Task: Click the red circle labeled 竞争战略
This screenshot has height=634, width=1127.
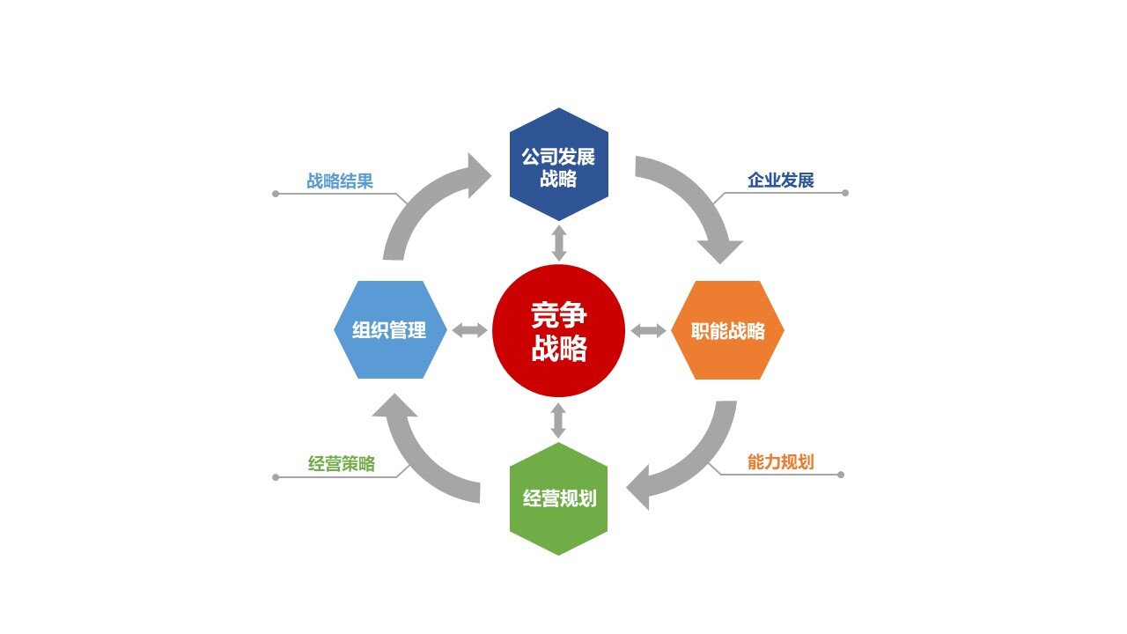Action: pos(558,330)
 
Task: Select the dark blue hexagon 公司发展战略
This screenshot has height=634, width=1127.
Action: pos(558,165)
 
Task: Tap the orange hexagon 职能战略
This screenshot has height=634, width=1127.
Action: pos(727,331)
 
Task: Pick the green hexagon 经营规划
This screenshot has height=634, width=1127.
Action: pos(558,498)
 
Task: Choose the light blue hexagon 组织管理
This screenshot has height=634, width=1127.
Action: pos(389,330)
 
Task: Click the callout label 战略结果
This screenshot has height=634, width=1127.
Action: pos(340,181)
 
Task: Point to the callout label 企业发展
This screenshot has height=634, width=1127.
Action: pos(780,181)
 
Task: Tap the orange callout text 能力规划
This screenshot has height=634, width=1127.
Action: pos(780,462)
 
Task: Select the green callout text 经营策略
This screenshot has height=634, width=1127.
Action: pos(342,464)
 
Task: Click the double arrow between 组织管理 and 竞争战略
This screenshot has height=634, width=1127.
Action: pos(469,331)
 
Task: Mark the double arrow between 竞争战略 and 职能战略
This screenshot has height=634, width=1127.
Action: pos(649,331)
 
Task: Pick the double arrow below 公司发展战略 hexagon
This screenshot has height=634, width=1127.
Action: pos(558,242)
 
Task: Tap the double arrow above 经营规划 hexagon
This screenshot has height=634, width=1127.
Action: pos(558,420)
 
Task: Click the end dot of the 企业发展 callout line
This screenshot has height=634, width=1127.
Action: pos(845,193)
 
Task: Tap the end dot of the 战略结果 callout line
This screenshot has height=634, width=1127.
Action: pos(276,193)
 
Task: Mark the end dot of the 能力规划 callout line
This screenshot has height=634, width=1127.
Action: pos(841,475)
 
